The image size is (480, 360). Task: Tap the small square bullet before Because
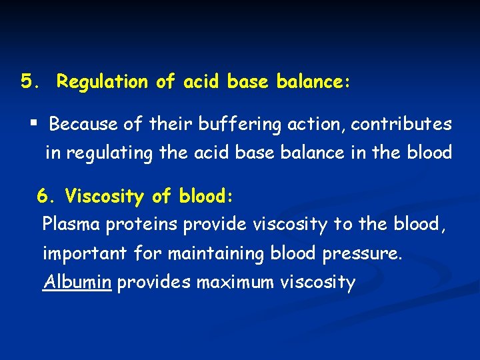point(33,124)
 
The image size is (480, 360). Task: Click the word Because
point(81,125)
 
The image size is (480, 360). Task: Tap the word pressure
point(367,254)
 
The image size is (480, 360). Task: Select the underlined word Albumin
point(77,282)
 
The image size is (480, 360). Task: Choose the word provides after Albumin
point(154,282)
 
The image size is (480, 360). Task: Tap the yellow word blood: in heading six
point(206,197)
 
